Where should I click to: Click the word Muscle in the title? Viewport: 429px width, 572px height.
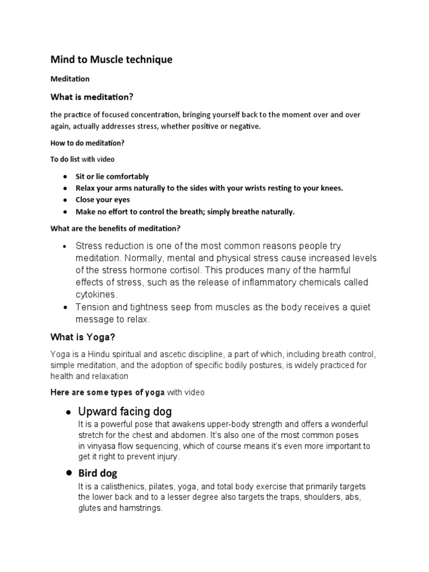point(112,60)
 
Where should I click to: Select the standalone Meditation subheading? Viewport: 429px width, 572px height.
point(70,79)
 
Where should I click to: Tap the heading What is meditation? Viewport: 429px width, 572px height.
point(92,97)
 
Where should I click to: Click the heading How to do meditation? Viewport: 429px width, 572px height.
point(87,142)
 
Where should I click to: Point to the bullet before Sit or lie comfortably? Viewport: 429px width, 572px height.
point(65,177)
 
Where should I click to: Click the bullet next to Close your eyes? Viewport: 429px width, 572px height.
point(65,200)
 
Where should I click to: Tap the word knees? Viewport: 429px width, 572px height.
point(330,188)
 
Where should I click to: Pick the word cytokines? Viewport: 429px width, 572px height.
point(95,295)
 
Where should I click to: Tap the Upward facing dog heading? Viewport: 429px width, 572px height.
point(125,412)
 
